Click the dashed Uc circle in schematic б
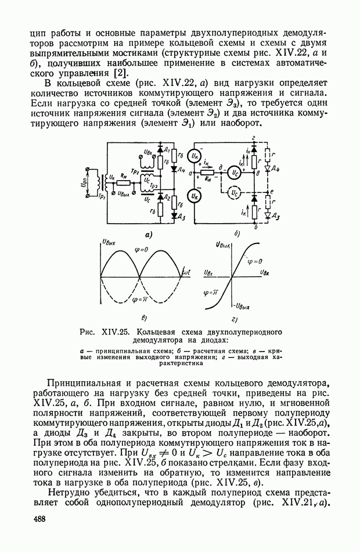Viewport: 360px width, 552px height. pyautogui.click(x=233, y=192)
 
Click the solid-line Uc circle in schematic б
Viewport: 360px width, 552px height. pyautogui.click(x=233, y=171)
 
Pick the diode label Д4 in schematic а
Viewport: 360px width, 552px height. pyautogui.click(x=181, y=170)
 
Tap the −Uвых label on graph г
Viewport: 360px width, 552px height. pyautogui.click(x=242, y=306)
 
